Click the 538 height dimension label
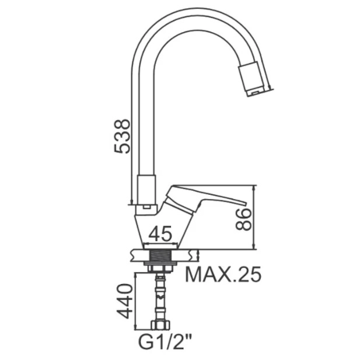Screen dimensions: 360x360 pos(122,136)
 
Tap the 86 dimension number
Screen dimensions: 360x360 pos(243,219)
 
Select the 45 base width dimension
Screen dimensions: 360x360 pos(160,233)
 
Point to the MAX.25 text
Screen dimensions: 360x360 pos(223,274)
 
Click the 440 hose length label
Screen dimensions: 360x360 pos(125,301)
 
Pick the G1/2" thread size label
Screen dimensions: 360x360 pos(165,343)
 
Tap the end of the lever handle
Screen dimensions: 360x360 pos(244,204)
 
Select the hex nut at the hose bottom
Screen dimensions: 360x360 pos(160,326)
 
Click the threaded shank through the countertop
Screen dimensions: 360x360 pos(160,256)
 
